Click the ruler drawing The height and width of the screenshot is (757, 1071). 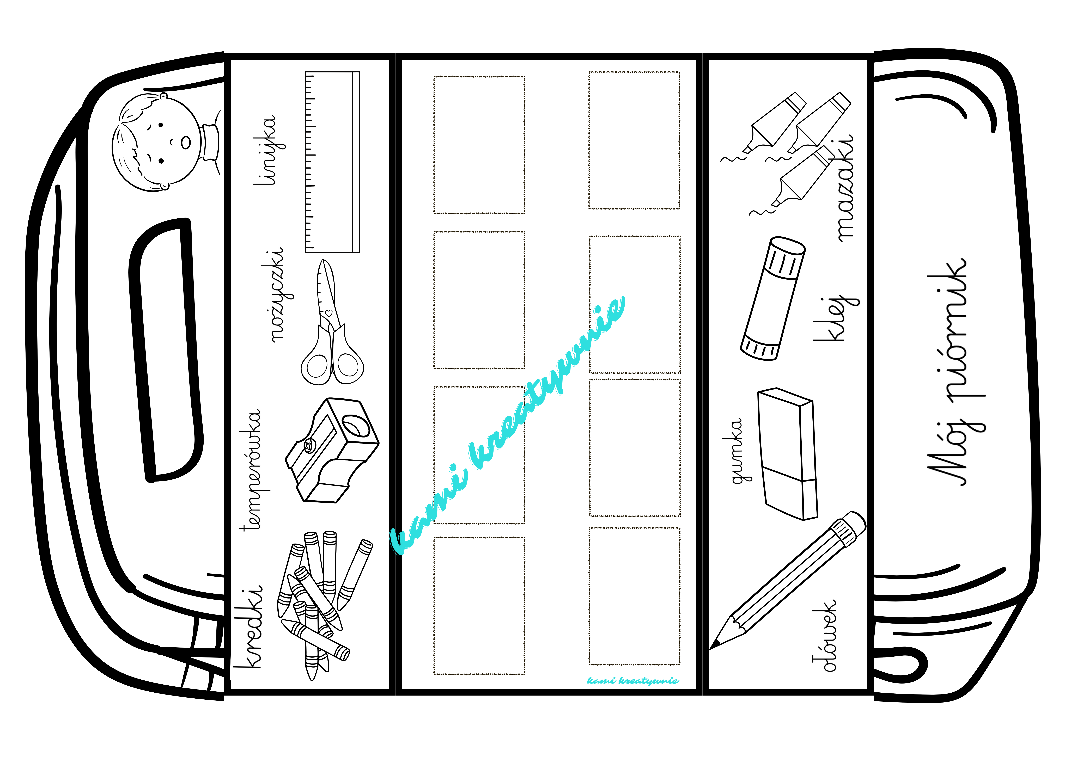click(332, 162)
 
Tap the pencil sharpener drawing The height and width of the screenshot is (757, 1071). click(332, 450)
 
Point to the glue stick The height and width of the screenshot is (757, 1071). click(772, 299)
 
